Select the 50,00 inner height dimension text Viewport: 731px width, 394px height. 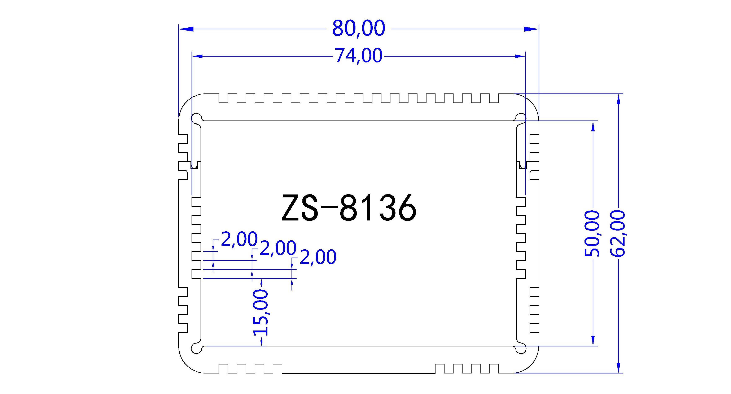point(592,233)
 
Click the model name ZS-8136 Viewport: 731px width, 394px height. point(349,208)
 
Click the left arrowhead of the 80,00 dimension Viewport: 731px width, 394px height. point(186,29)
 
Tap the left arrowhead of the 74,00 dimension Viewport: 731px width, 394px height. point(197,56)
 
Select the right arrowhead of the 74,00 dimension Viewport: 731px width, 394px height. point(520,56)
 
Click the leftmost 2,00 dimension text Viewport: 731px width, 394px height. point(239,239)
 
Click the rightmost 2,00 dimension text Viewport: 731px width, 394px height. point(318,257)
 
